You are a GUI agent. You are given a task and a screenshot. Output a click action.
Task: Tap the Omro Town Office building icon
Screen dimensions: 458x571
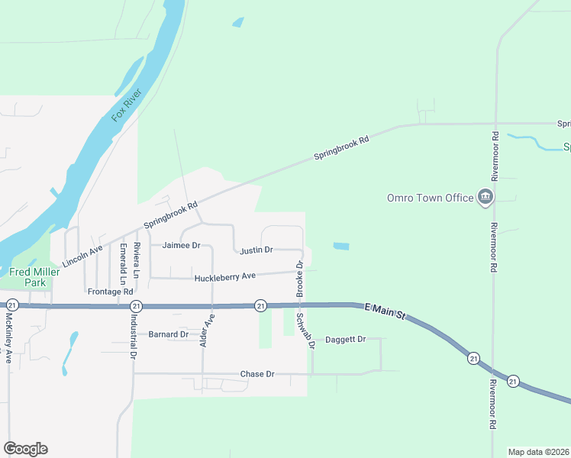click(484, 198)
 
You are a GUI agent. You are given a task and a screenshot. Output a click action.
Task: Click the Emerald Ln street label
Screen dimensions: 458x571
click(122, 263)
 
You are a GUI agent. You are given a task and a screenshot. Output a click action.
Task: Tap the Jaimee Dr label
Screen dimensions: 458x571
click(181, 246)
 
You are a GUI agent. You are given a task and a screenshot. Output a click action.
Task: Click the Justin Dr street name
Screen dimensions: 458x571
click(256, 250)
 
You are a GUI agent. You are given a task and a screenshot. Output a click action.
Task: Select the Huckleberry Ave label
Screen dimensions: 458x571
click(224, 277)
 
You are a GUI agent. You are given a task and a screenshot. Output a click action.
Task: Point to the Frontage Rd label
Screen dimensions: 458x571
click(111, 292)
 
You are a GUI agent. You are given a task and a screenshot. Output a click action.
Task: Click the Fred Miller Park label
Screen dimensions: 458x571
click(27, 276)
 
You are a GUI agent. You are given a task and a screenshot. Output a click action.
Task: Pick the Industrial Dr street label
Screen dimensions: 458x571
click(133, 334)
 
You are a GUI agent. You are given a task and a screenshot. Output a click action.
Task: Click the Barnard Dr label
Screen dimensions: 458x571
click(168, 334)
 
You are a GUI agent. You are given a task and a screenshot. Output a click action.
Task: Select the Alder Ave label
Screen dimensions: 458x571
click(203, 331)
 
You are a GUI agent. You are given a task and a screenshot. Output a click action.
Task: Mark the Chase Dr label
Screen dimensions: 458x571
click(256, 374)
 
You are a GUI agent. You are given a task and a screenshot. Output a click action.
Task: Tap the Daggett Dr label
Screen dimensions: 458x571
click(346, 339)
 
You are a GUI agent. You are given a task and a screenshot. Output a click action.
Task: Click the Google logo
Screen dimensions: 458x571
click(25, 449)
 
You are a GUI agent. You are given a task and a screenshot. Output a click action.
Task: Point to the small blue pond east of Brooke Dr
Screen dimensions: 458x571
click(341, 246)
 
